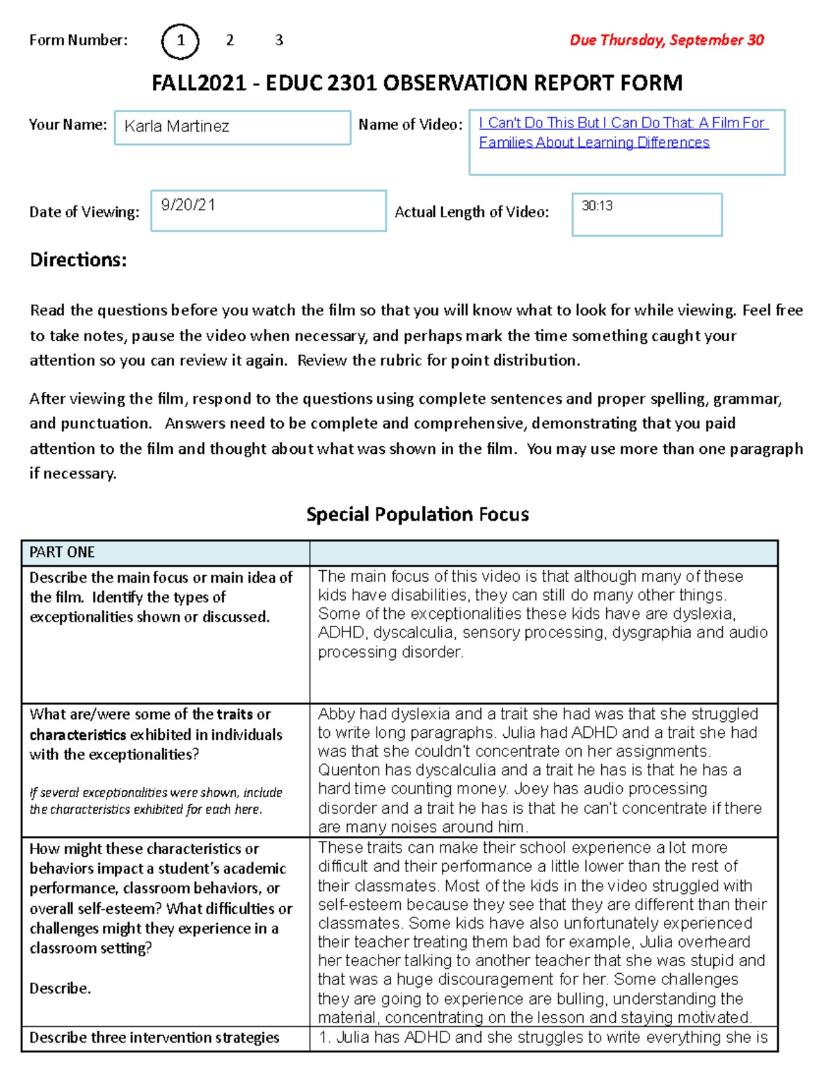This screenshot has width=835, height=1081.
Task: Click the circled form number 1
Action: pyautogui.click(x=180, y=41)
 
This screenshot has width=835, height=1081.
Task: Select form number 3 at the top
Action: pyautogui.click(x=279, y=40)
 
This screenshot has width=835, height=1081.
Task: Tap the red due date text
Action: pyautogui.click(x=667, y=40)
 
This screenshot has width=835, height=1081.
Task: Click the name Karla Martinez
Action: pyautogui.click(x=177, y=127)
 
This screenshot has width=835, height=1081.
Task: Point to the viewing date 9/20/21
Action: pyautogui.click(x=188, y=205)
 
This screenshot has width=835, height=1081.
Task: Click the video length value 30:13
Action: pyautogui.click(x=597, y=206)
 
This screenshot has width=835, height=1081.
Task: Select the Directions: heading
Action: pyautogui.click(x=78, y=260)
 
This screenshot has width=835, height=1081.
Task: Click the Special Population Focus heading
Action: pyautogui.click(x=417, y=514)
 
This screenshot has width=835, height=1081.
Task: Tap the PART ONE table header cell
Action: pyautogui.click(x=63, y=553)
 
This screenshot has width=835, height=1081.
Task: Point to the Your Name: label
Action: pyautogui.click(x=67, y=125)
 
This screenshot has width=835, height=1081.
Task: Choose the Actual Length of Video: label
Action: pyautogui.click(x=471, y=212)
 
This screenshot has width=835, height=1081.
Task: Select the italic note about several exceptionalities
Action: pyautogui.click(x=156, y=801)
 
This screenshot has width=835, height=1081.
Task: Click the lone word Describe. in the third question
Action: pyautogui.click(x=60, y=988)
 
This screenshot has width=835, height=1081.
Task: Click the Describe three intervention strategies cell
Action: pyautogui.click(x=154, y=1038)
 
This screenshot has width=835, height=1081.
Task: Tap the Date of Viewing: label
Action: pyautogui.click(x=84, y=212)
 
